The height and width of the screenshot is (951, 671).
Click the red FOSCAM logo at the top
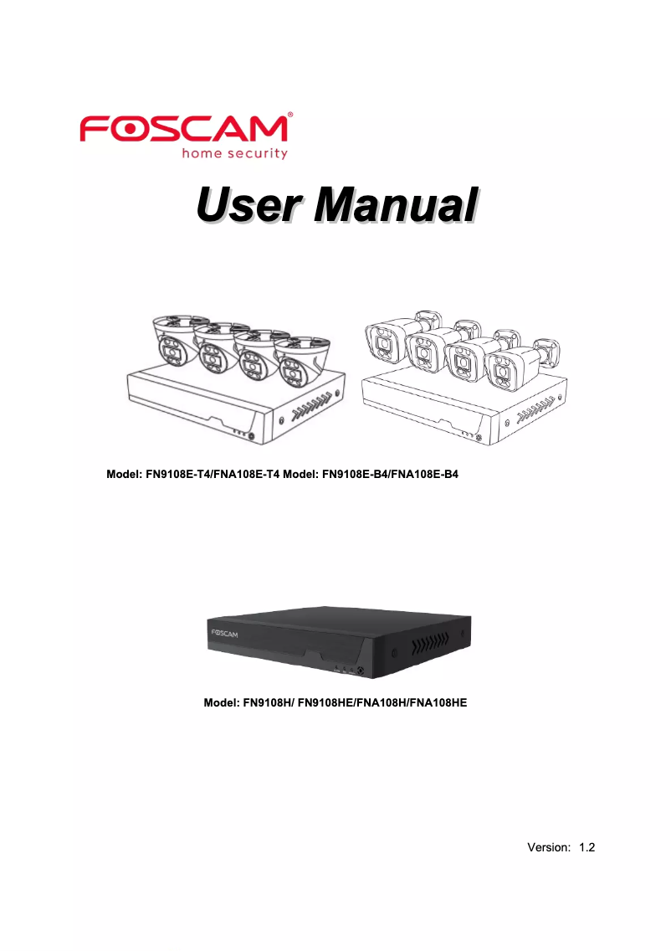[x=184, y=131]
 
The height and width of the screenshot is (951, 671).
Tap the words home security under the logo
[x=234, y=153]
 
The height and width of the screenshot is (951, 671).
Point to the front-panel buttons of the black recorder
[x=351, y=669]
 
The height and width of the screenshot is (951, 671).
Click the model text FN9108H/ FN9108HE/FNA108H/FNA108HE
[x=335, y=702]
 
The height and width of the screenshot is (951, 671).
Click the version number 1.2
[x=586, y=847]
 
